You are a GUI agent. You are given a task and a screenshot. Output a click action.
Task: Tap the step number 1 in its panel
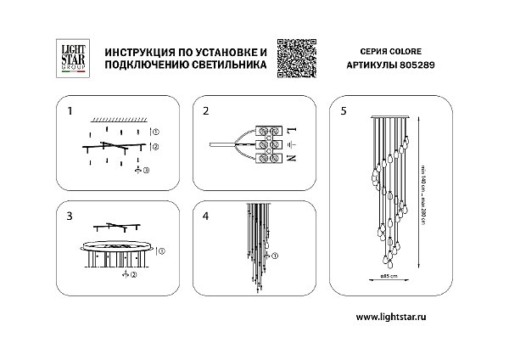(70, 111)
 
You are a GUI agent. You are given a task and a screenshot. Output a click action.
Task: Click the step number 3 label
(70, 217)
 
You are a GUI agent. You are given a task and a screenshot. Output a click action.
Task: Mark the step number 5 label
(343, 111)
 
